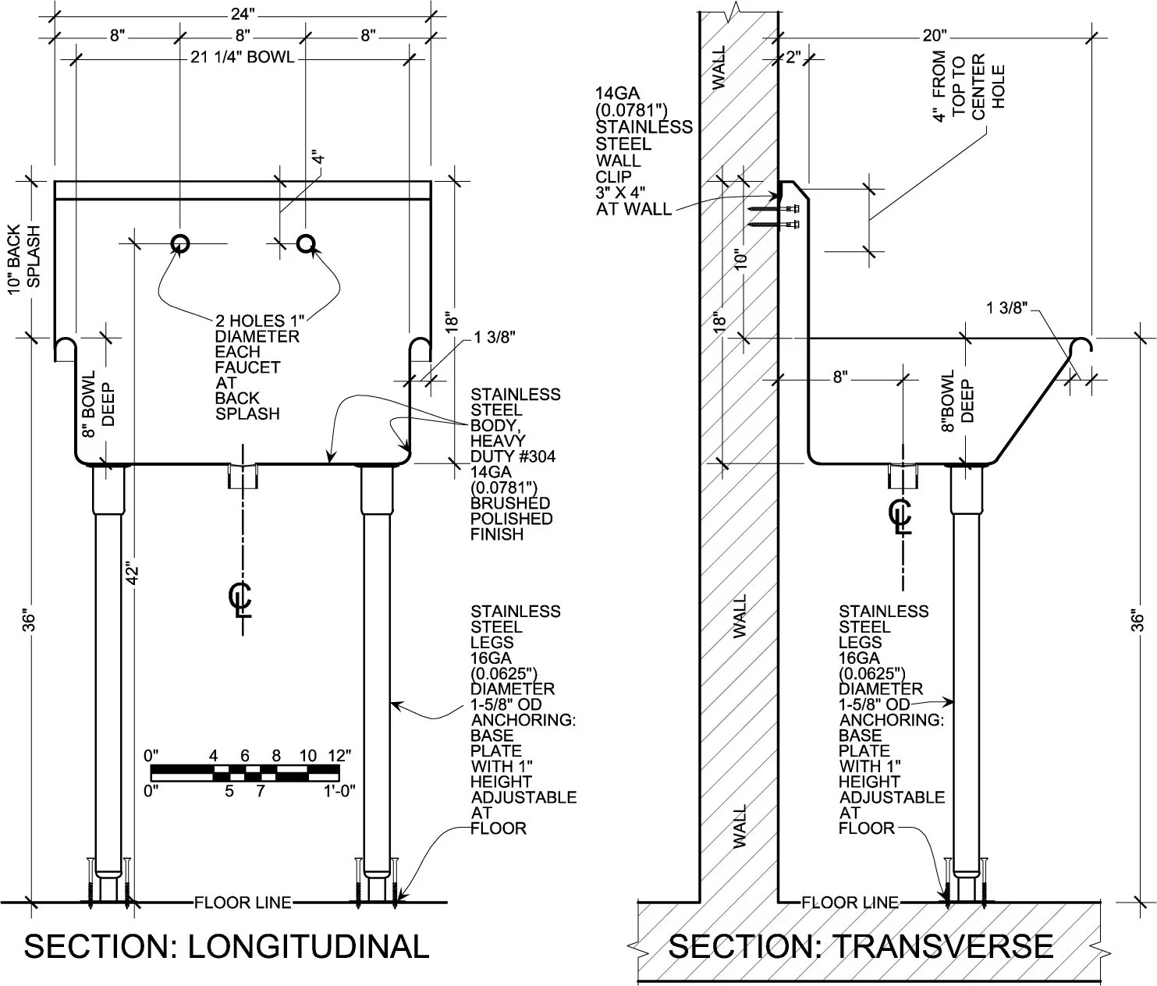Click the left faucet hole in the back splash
180,244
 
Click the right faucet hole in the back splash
306,244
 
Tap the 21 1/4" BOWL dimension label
243,57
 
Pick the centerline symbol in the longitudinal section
241,599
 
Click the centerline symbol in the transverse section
901,516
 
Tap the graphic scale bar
245,772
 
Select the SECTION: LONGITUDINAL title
226,946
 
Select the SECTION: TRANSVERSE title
861,946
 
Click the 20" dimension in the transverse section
934,35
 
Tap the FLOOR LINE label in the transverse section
850,903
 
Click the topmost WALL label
719,68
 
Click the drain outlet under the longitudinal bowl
243,475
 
